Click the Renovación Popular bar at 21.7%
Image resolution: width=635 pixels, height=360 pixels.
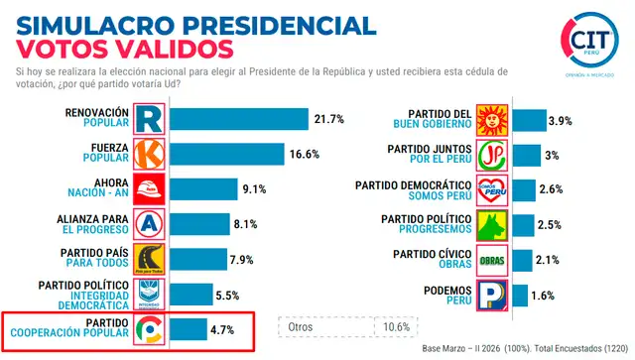(238, 119)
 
